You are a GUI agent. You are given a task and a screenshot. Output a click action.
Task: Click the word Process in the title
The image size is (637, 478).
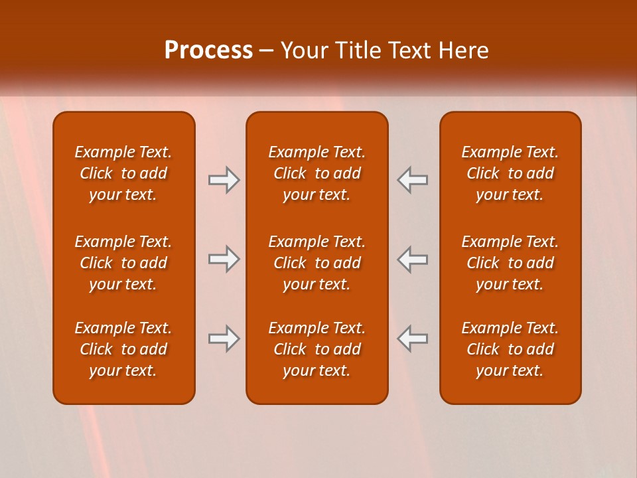(x=208, y=50)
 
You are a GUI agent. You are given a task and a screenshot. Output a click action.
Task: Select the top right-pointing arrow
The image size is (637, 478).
(x=224, y=179)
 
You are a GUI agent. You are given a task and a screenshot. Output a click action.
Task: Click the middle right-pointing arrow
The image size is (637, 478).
(x=224, y=259)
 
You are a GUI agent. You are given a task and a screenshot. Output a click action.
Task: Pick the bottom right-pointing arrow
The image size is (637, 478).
(x=224, y=339)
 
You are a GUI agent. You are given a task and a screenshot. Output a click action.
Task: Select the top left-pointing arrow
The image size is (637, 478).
(x=412, y=179)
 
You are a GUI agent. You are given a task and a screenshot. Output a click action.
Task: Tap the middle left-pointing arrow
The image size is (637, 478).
(x=412, y=259)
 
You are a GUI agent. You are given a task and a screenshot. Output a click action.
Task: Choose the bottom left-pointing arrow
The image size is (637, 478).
(x=412, y=339)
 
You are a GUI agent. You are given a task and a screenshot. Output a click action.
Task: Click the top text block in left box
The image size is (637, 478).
(x=123, y=173)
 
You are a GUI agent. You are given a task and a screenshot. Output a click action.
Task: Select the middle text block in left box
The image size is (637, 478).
(x=123, y=263)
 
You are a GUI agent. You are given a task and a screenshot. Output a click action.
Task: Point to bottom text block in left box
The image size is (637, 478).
(x=123, y=349)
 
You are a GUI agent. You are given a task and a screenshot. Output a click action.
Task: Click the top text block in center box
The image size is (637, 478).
(x=317, y=173)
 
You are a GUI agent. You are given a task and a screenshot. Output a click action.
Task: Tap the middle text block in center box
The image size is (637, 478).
(x=317, y=263)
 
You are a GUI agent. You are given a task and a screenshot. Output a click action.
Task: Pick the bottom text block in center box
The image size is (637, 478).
(x=317, y=349)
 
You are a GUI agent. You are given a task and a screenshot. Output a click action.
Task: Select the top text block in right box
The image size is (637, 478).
(x=510, y=173)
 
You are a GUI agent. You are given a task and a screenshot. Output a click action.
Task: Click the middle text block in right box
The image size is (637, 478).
(x=510, y=263)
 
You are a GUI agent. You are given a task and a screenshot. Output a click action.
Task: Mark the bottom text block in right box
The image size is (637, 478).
(x=510, y=349)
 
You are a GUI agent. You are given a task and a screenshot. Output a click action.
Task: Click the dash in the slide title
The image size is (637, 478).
(x=267, y=51)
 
